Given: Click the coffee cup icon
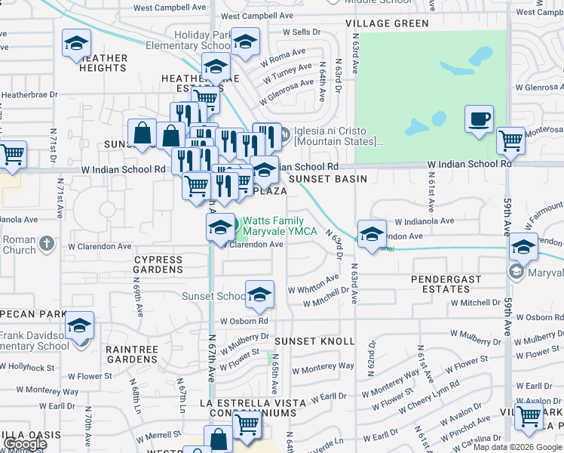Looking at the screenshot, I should coord(479,119).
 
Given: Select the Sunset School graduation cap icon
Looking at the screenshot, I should coord(259,293).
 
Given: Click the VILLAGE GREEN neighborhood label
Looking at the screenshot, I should coord(388,23).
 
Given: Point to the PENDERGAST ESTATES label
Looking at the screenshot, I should coord(446,284).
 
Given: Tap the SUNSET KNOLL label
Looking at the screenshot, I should coord(314,341).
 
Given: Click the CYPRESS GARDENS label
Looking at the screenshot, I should coord(158,264).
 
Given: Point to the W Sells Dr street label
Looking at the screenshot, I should coord(302,33).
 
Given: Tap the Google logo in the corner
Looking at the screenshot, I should coord(24,444).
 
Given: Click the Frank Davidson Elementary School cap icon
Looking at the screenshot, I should coord(78,325).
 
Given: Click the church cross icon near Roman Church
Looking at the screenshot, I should coord(47,243).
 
